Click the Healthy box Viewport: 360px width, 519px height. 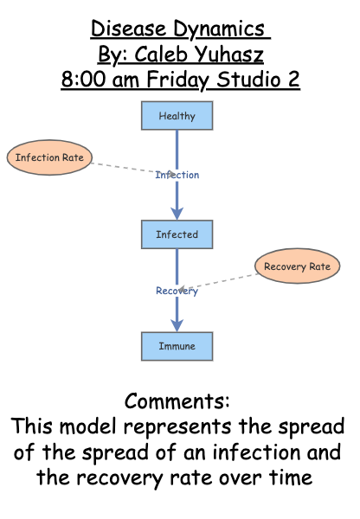point(177,116)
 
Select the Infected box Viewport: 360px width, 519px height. point(177,234)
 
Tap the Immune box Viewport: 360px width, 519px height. point(177,346)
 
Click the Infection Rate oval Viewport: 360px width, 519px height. point(49,158)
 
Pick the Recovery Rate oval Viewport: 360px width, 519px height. point(297,266)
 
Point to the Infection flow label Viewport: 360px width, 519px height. point(177,175)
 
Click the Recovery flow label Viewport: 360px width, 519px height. point(177,291)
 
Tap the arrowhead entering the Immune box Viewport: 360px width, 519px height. point(177,325)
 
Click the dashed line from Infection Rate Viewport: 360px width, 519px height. point(121,166)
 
